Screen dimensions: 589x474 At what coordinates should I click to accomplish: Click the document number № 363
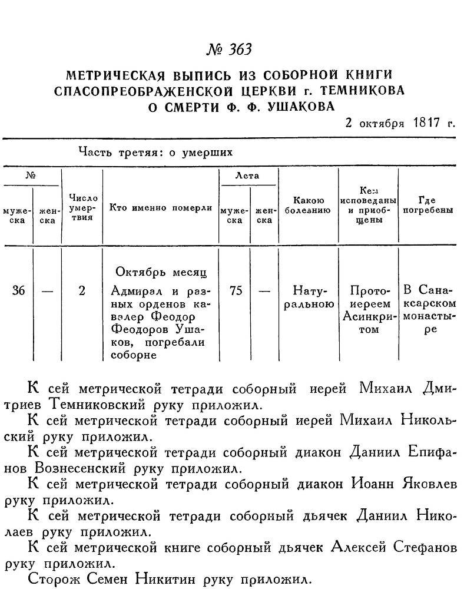(228, 49)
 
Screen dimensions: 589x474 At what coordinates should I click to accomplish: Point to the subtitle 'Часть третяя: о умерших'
(156, 152)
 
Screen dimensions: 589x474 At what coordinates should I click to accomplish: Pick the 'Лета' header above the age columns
(247, 176)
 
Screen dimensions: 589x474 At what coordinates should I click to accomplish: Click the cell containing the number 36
(18, 291)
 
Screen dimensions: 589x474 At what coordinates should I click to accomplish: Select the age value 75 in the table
(235, 291)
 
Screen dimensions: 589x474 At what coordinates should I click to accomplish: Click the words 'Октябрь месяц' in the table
(160, 273)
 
